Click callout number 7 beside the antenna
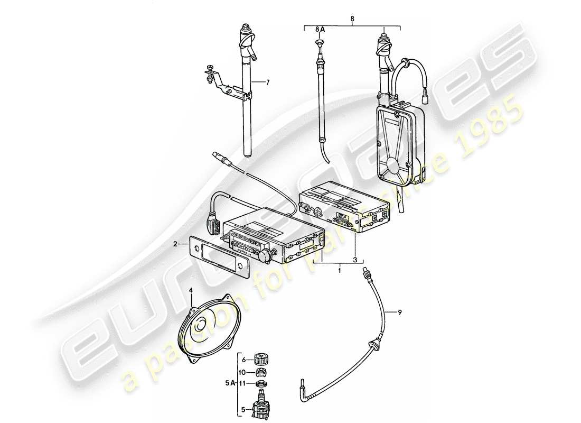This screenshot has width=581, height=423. click(x=268, y=82)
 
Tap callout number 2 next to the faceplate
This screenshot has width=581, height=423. click(x=175, y=244)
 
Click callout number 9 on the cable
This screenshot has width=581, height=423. click(x=400, y=312)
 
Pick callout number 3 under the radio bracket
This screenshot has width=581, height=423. click(x=355, y=260)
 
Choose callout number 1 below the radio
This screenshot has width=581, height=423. click(x=339, y=270)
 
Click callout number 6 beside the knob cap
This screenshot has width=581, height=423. click(x=244, y=359)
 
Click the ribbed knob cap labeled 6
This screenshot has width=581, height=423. click(x=260, y=358)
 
